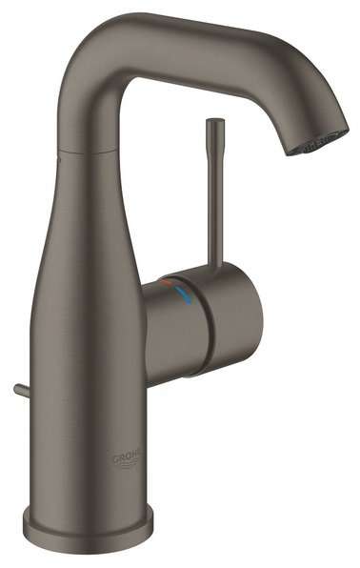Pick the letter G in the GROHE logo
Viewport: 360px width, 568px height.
click(116, 455)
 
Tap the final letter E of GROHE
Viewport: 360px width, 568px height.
click(139, 455)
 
